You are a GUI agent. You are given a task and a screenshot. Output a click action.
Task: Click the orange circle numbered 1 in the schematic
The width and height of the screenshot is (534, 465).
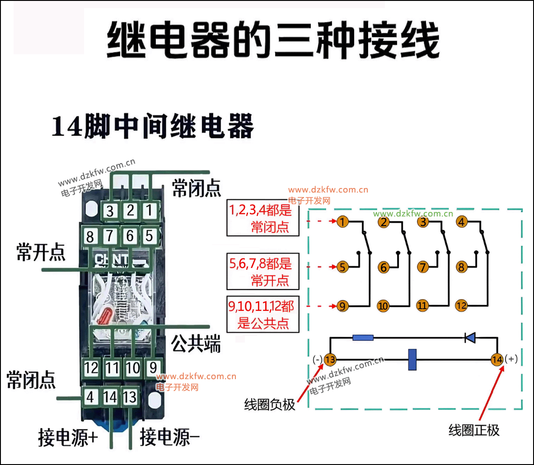point(342,222)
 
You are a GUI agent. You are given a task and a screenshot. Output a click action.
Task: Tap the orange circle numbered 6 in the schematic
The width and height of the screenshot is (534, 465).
point(384,267)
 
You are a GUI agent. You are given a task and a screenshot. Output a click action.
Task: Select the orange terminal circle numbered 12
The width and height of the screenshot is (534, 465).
point(461,305)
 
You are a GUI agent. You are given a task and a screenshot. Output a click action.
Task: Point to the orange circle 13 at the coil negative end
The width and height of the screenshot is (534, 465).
point(330,359)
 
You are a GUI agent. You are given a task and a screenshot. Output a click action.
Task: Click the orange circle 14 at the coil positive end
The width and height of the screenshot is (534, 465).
point(497,359)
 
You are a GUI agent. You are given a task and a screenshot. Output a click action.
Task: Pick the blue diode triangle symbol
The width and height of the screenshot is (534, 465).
point(470,338)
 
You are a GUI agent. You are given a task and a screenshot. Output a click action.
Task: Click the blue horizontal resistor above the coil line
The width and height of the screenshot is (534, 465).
point(363,338)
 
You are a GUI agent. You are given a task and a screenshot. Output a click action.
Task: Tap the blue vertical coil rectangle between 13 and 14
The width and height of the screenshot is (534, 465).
point(412,359)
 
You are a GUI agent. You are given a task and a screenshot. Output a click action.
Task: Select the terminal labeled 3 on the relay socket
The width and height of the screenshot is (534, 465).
point(110,211)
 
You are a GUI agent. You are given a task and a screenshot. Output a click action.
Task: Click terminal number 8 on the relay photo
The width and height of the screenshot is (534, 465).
point(90,236)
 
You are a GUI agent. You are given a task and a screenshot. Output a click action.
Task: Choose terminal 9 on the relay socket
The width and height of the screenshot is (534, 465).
point(153,368)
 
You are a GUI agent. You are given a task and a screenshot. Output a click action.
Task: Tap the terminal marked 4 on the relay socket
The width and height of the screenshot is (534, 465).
point(90,397)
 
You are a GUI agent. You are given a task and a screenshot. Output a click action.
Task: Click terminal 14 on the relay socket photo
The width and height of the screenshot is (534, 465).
point(110,397)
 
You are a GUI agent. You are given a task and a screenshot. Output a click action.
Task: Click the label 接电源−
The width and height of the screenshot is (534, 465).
point(169,437)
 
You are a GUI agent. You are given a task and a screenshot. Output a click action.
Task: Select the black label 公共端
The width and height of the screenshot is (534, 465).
point(196,343)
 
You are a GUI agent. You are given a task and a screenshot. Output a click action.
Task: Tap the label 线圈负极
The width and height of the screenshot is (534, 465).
point(269,404)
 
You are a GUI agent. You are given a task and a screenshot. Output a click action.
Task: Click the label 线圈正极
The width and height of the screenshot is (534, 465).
point(474,430)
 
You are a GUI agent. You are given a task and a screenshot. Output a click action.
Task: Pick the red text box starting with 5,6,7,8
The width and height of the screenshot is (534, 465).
point(263,271)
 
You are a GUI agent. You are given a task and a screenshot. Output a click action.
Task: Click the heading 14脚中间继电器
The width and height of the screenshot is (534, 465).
point(153,126)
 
